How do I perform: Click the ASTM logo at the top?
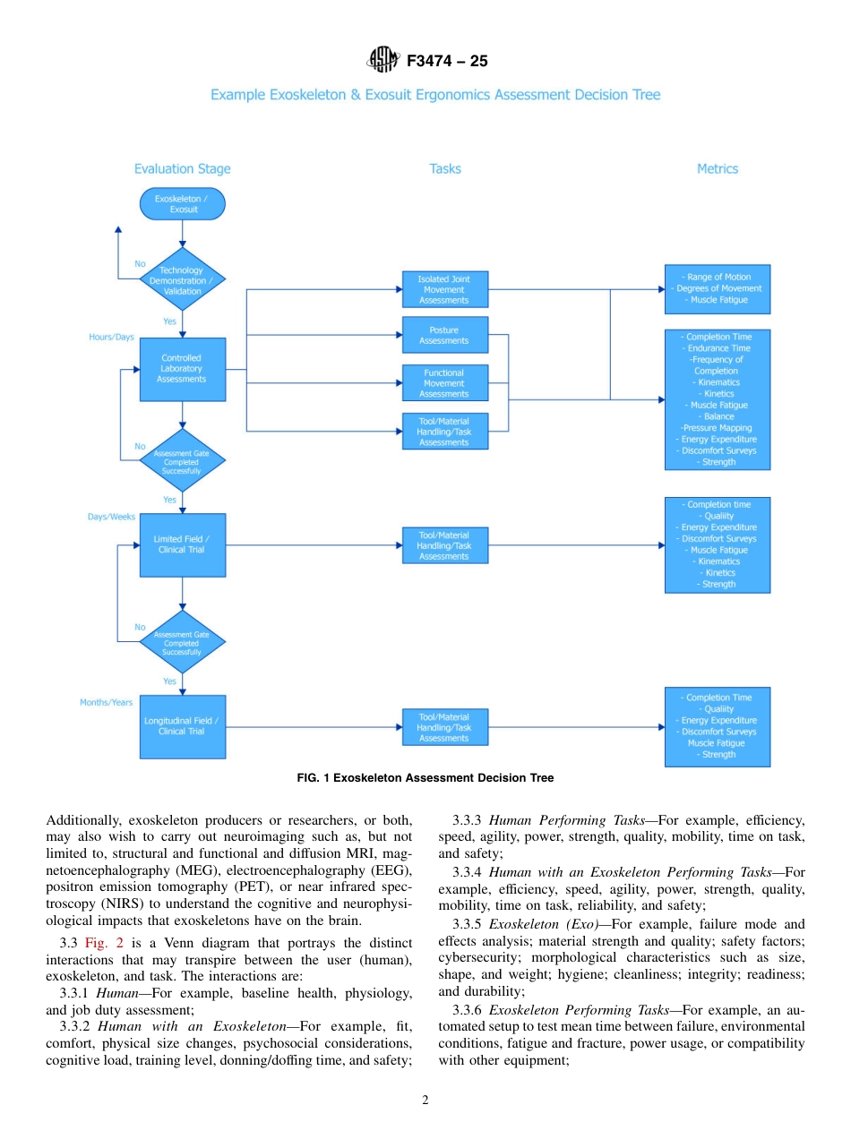[x=383, y=61]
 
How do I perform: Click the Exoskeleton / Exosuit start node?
[x=183, y=204]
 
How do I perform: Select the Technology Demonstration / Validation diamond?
[x=182, y=279]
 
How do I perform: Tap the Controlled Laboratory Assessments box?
[x=182, y=369]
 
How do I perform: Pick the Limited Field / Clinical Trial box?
[x=182, y=544]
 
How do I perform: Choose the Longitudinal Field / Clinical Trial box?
[x=182, y=726]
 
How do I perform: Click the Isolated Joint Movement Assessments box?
[x=444, y=289]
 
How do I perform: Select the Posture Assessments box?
[x=444, y=335]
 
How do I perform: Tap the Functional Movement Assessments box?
[x=444, y=382]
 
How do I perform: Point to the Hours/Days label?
[x=111, y=338]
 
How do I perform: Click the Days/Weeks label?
[x=111, y=517]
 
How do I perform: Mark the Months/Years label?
[x=107, y=703]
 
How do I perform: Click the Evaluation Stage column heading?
[x=182, y=168]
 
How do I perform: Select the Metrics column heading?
[x=718, y=168]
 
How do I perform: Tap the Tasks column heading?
[x=445, y=168]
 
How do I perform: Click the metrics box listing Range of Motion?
[x=717, y=288]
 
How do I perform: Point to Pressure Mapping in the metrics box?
[x=717, y=428]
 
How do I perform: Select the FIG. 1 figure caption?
[x=425, y=778]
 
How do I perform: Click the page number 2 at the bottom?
[x=425, y=1100]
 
